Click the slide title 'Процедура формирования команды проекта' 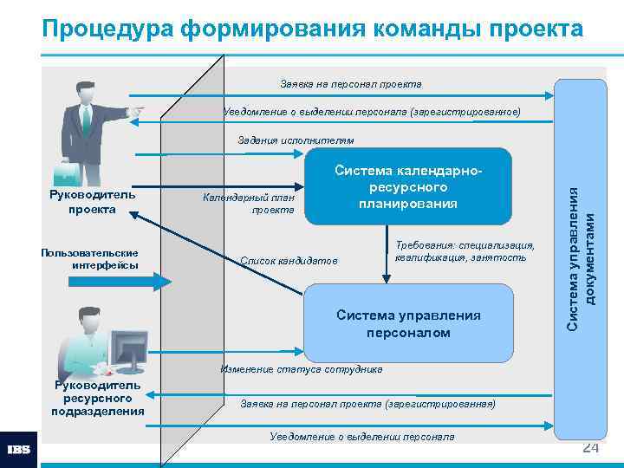pyautogui.click(x=312, y=29)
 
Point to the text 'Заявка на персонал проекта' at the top pyautogui.click(x=351, y=85)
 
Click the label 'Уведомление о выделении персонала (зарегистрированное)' pyautogui.click(x=372, y=112)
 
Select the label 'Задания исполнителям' pyautogui.click(x=296, y=140)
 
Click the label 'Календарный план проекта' pyautogui.click(x=249, y=204)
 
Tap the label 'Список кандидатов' pyautogui.click(x=288, y=261)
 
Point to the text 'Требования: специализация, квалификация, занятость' pyautogui.click(x=465, y=252)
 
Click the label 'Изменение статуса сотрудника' pyautogui.click(x=301, y=369)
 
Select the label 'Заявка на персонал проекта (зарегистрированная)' pyautogui.click(x=367, y=404)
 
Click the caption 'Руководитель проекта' pyautogui.click(x=94, y=202)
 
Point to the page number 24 pyautogui.click(x=590, y=447)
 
